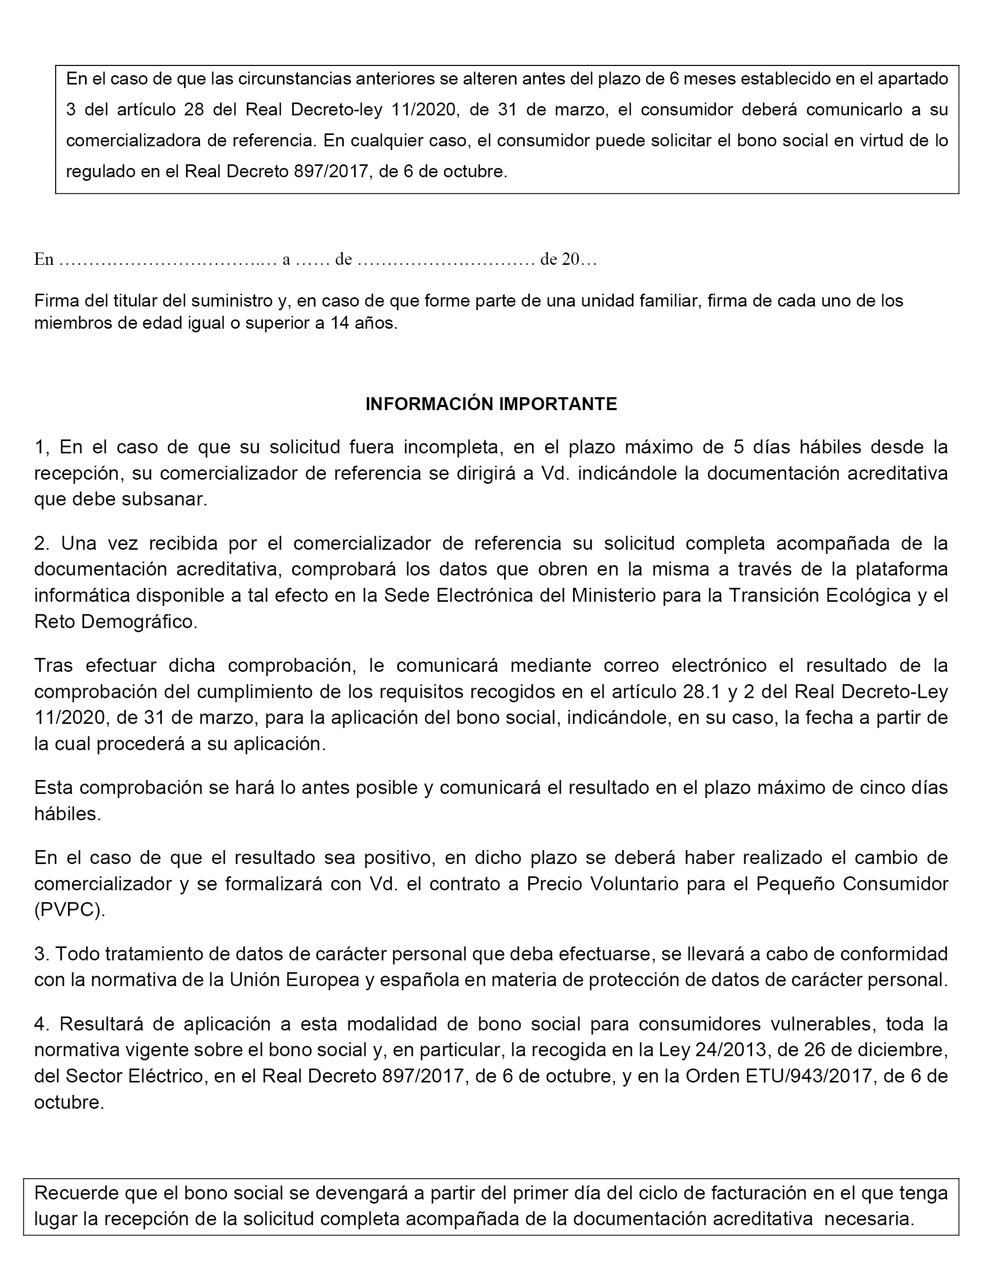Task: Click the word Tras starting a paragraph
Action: point(54,665)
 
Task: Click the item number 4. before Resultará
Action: point(42,1024)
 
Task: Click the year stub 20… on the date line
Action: point(579,259)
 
